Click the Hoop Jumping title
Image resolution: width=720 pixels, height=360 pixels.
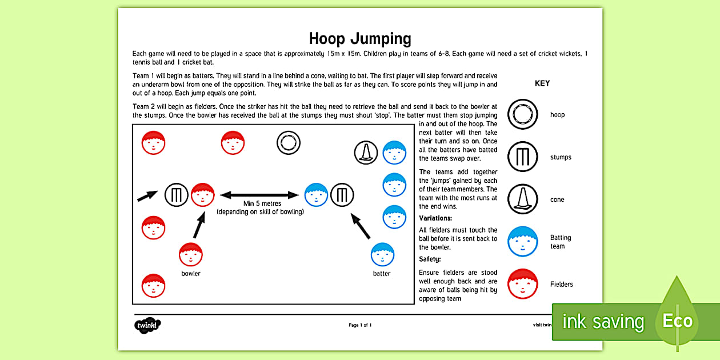click(360, 39)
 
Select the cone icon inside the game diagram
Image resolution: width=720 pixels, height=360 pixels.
click(366, 153)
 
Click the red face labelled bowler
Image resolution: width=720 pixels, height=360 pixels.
click(191, 255)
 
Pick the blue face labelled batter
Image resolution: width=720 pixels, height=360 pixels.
click(382, 255)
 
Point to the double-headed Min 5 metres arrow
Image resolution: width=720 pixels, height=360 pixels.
click(259, 195)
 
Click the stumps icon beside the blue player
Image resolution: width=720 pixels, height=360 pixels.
click(342, 195)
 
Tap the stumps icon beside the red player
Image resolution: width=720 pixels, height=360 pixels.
click(176, 195)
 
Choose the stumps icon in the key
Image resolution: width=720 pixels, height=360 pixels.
click(523, 157)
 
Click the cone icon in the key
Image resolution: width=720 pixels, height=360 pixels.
click(523, 199)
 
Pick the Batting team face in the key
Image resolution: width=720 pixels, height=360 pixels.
click(523, 241)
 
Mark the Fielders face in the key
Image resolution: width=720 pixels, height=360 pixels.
click(523, 284)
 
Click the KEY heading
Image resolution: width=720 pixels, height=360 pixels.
click(542, 83)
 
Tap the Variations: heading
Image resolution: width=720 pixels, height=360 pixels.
click(435, 218)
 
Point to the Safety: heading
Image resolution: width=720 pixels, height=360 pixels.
click(430, 259)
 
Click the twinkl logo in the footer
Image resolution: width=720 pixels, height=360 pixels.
click(147, 325)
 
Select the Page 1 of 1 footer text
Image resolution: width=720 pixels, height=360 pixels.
click(360, 325)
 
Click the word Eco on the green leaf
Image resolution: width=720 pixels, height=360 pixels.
click(677, 321)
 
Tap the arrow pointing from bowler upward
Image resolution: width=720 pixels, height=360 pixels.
click(199, 225)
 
